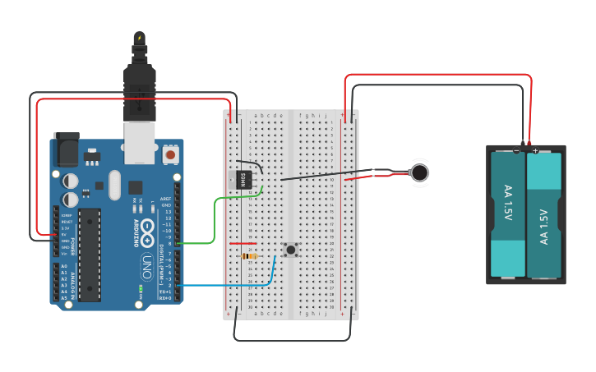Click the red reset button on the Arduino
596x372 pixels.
pyautogui.click(x=170, y=154)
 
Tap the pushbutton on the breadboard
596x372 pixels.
pyautogui.click(x=290, y=249)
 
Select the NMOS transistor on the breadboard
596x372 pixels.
pyautogui.click(x=244, y=179)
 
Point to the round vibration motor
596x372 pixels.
pyautogui.click(x=420, y=172)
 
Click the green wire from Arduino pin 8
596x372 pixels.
pyautogui.click(x=215, y=222)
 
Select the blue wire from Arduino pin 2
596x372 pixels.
pyautogui.click(x=230, y=285)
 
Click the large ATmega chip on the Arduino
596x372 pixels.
pyautogui.click(x=90, y=255)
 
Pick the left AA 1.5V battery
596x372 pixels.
pyautogui.click(x=507, y=214)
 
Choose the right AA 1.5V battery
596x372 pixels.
pyautogui.click(x=543, y=214)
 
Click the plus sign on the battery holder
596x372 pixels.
pyautogui.click(x=535, y=150)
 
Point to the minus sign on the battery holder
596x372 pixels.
pyautogui.click(x=516, y=150)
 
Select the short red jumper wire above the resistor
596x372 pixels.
pyautogui.click(x=243, y=243)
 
